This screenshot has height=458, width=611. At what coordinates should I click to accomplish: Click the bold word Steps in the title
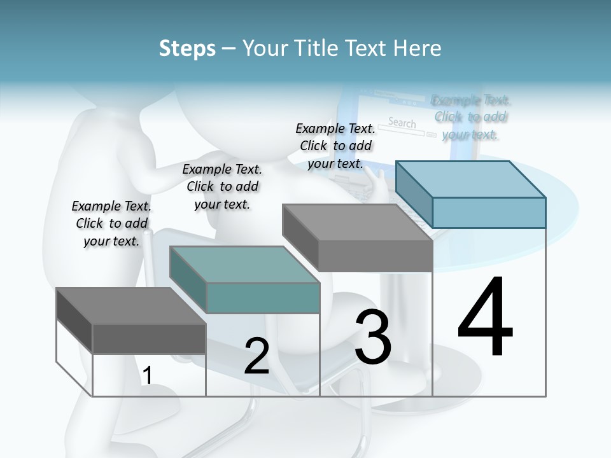click(187, 48)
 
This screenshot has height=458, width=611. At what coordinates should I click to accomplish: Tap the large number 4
click(485, 318)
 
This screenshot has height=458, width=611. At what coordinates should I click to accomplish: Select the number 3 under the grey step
click(373, 337)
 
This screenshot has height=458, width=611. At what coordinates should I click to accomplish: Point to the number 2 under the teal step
click(256, 356)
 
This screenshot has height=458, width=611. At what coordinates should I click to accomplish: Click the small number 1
click(147, 376)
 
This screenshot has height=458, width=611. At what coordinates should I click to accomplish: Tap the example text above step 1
click(111, 223)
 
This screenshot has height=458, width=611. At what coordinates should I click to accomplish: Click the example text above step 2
click(222, 186)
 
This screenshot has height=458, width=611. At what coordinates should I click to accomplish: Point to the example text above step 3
click(336, 146)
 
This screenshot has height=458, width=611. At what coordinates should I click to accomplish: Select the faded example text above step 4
click(470, 117)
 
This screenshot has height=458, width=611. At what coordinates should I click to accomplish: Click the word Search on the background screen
click(402, 123)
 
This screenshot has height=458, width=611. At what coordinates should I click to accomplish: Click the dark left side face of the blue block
click(414, 194)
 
